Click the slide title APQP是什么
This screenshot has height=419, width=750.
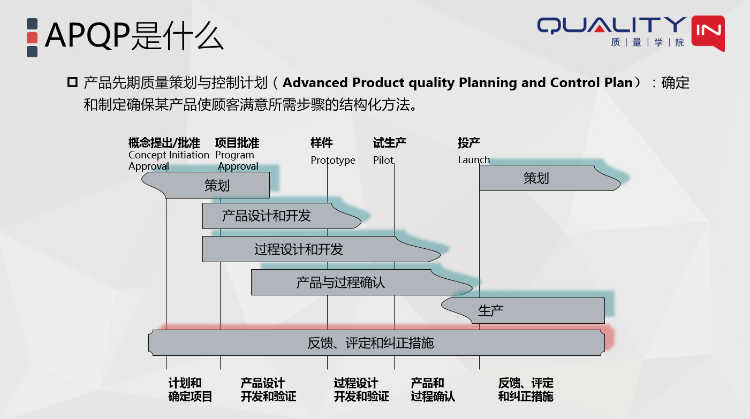(x=134, y=35)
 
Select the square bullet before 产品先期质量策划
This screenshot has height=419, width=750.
(x=72, y=83)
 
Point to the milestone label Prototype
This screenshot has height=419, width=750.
(x=333, y=161)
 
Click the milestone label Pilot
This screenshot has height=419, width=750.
(x=383, y=161)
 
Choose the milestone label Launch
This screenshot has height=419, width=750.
(x=474, y=160)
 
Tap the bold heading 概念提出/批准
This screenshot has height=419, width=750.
(x=164, y=143)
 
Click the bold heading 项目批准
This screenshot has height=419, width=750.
(x=237, y=143)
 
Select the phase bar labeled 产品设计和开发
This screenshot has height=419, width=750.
(x=267, y=216)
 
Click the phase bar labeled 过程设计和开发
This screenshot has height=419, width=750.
(x=299, y=249)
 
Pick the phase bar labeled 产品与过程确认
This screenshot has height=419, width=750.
(x=340, y=283)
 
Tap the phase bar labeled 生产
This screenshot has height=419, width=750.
(x=490, y=311)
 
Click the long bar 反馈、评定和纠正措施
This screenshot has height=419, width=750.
(x=370, y=343)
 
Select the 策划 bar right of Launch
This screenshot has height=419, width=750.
(x=536, y=178)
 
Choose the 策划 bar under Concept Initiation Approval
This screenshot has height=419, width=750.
(x=217, y=186)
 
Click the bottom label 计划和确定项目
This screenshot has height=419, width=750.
(x=191, y=390)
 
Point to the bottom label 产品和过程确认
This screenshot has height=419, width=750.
(x=433, y=390)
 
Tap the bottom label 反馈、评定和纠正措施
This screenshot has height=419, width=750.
(x=525, y=390)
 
